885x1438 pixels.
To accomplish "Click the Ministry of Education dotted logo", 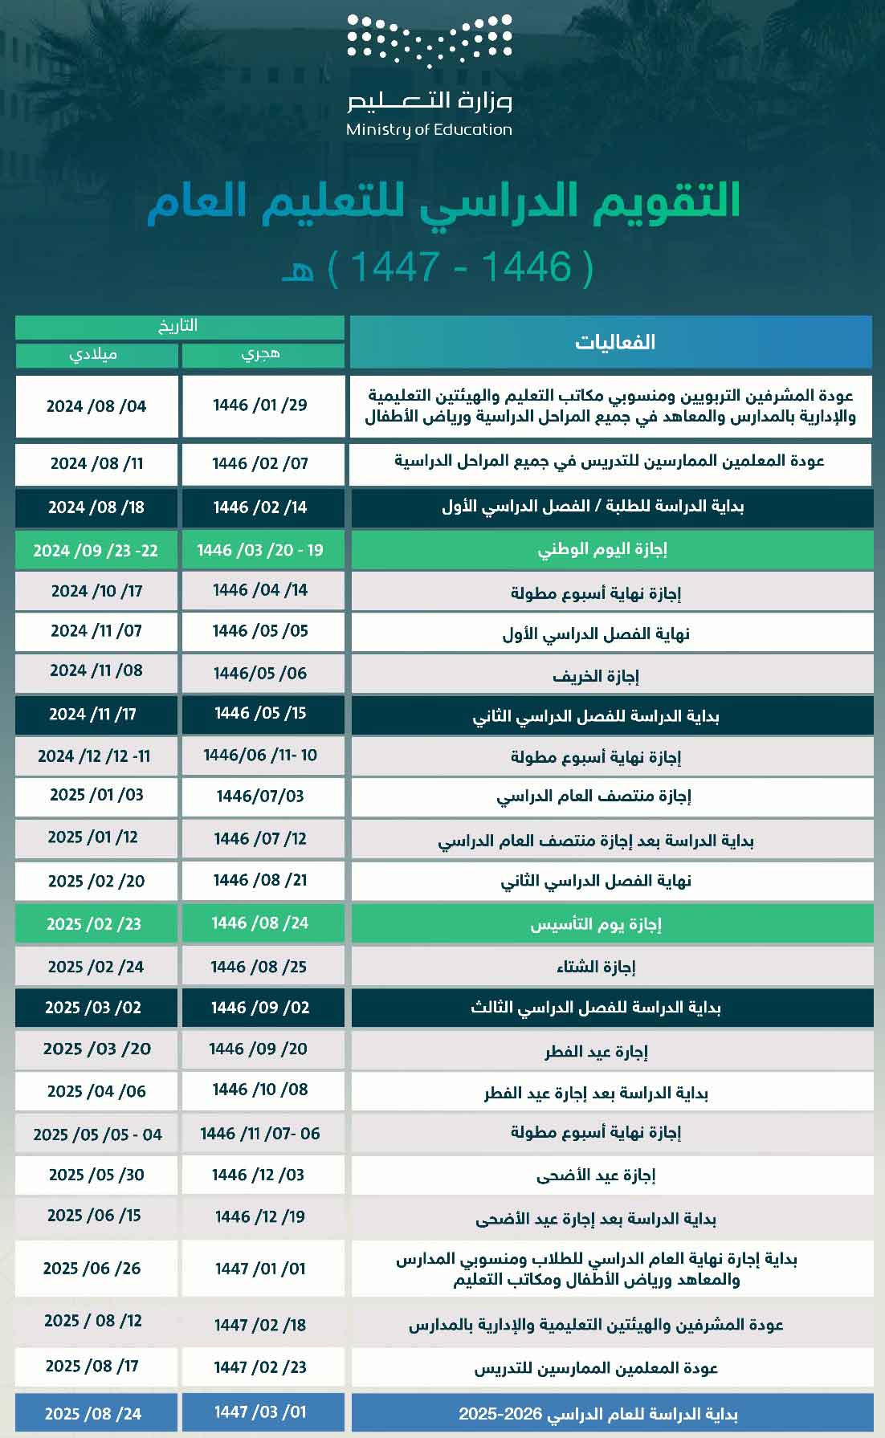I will pyautogui.click(x=429, y=42).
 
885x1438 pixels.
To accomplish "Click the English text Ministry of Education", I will pyautogui.click(x=429, y=129).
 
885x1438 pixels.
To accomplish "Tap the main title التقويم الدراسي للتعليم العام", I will pyautogui.click(x=443, y=202).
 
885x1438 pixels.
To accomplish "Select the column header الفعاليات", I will pyautogui.click(x=614, y=342).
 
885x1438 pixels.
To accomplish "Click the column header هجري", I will pyautogui.click(x=262, y=354).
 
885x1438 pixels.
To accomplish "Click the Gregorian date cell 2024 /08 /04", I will pyautogui.click(x=96, y=406).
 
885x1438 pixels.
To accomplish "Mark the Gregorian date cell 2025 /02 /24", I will pyautogui.click(x=96, y=967).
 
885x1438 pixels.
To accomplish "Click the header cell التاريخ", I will pyautogui.click(x=178, y=326).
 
